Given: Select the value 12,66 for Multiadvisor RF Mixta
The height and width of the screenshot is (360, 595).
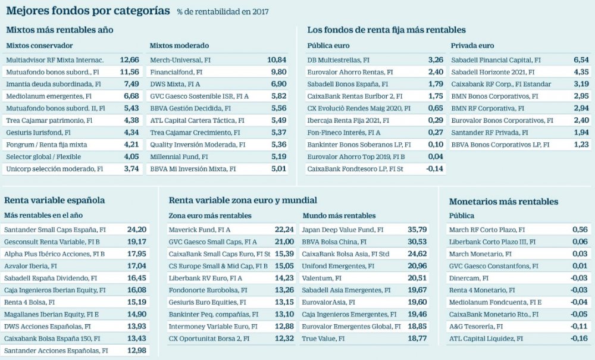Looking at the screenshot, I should tap(129, 60).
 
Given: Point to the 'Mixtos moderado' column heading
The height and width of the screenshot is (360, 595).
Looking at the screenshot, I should tap(179, 45).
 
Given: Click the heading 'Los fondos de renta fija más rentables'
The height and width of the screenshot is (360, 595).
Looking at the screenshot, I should tap(386, 29).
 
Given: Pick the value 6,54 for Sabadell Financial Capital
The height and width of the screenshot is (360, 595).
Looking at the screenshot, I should tap(580, 60).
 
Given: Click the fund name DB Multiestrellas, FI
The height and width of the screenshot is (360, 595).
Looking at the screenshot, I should tap(338, 60).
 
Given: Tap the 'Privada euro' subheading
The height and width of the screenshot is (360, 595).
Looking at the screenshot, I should tap(472, 45).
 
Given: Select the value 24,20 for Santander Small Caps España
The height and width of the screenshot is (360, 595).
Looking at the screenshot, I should tap(136, 229).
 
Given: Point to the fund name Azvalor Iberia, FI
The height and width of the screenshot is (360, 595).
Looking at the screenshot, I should tap(30, 266).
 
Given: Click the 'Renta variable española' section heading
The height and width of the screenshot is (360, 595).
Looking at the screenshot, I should tap(54, 201).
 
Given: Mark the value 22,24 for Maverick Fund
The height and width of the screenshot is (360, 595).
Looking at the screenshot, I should tap(284, 229).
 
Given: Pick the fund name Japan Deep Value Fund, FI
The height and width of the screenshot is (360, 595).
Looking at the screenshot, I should tap(342, 229).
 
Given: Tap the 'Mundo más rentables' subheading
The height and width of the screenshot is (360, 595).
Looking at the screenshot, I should tap(339, 215).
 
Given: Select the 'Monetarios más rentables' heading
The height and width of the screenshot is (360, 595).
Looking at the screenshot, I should tap(503, 202).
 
